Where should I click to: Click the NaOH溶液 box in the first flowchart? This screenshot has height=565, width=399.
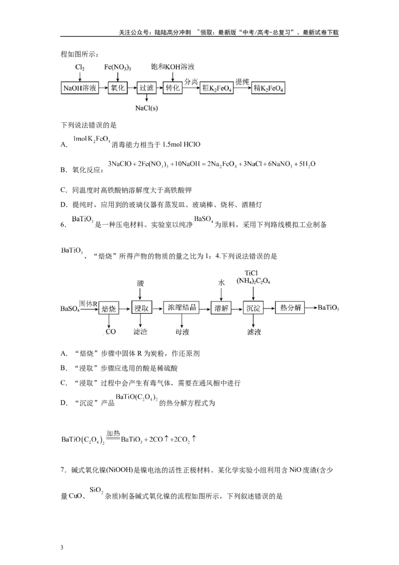pos(80,88)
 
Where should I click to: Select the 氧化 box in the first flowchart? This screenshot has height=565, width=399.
pos(118,88)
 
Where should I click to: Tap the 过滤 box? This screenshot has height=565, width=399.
pos(147,88)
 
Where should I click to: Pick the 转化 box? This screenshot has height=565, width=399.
pos(173,88)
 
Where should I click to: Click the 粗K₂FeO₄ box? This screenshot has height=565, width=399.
pos(217,88)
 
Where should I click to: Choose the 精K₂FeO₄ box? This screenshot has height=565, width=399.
pos(268,88)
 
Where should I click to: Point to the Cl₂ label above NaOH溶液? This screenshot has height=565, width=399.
pos(80,67)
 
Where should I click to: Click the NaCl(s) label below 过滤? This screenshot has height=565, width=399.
pos(147,108)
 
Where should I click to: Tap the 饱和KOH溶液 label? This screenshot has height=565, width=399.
pos(173,67)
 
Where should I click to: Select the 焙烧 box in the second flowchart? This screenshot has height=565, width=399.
pos(109,308)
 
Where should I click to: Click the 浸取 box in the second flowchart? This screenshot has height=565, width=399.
pos(142,308)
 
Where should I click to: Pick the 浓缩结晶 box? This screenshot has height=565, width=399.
pos(182,307)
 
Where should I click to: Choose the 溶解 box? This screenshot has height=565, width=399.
pos(221,308)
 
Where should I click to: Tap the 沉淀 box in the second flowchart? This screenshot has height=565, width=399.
pos(253,308)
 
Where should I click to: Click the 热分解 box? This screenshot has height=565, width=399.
pos(290,307)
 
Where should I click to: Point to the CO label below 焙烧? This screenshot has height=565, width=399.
pos(110,331)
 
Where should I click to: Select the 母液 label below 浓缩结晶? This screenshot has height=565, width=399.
pos(182,332)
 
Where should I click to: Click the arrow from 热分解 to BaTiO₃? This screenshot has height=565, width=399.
pos(311,308)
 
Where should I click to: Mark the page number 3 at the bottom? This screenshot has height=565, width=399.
pos(62,548)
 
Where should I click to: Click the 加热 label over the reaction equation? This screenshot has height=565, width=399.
pos(113,433)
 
